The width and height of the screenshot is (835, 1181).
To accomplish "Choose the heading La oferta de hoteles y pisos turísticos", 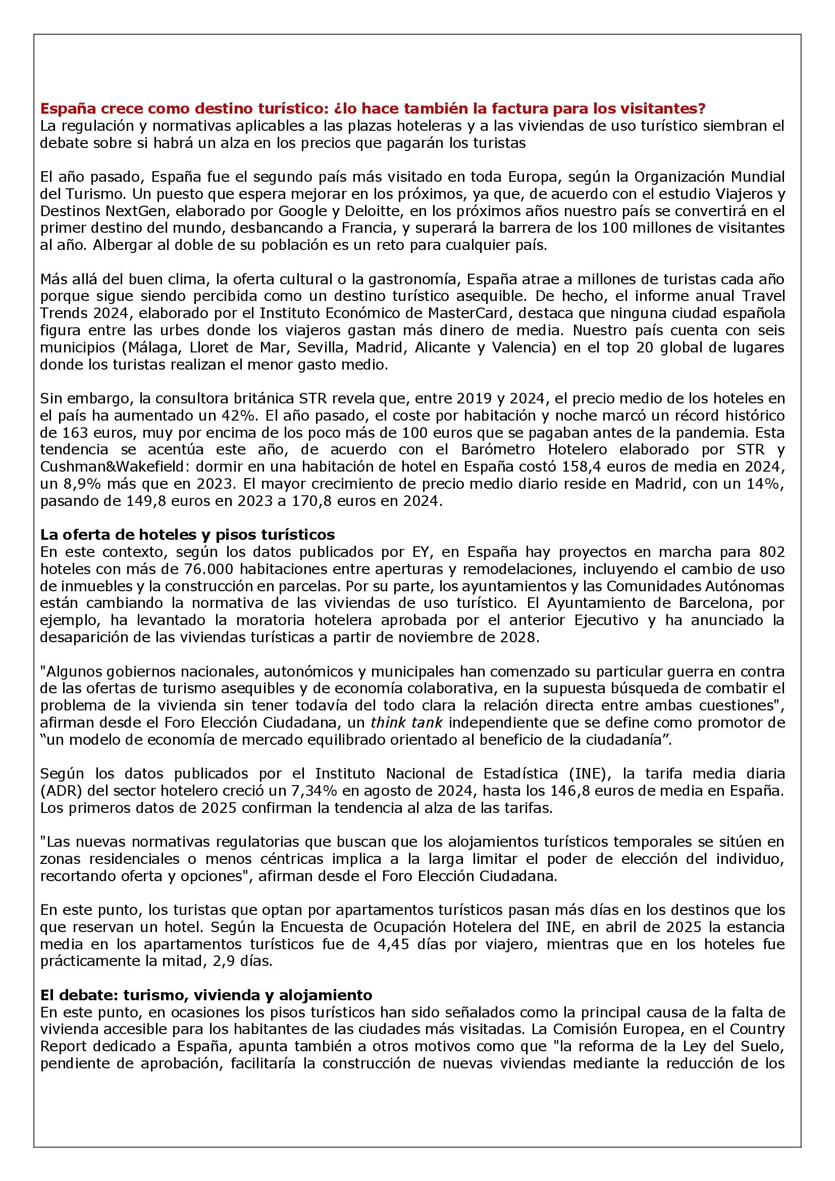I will tap(187, 534).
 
